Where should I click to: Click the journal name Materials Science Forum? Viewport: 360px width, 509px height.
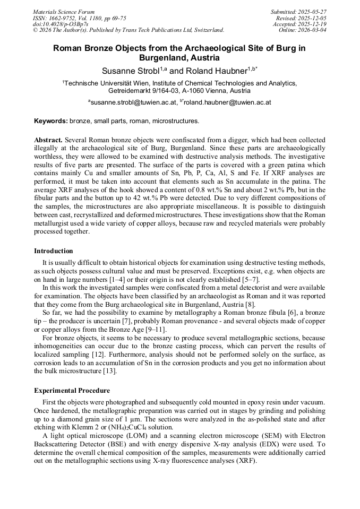point(64,12)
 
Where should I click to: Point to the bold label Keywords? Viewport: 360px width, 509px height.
point(50,121)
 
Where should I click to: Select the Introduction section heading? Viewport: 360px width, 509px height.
point(54,251)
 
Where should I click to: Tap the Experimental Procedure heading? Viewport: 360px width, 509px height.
point(72,391)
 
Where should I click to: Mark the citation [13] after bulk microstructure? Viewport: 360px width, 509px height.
point(110,371)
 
